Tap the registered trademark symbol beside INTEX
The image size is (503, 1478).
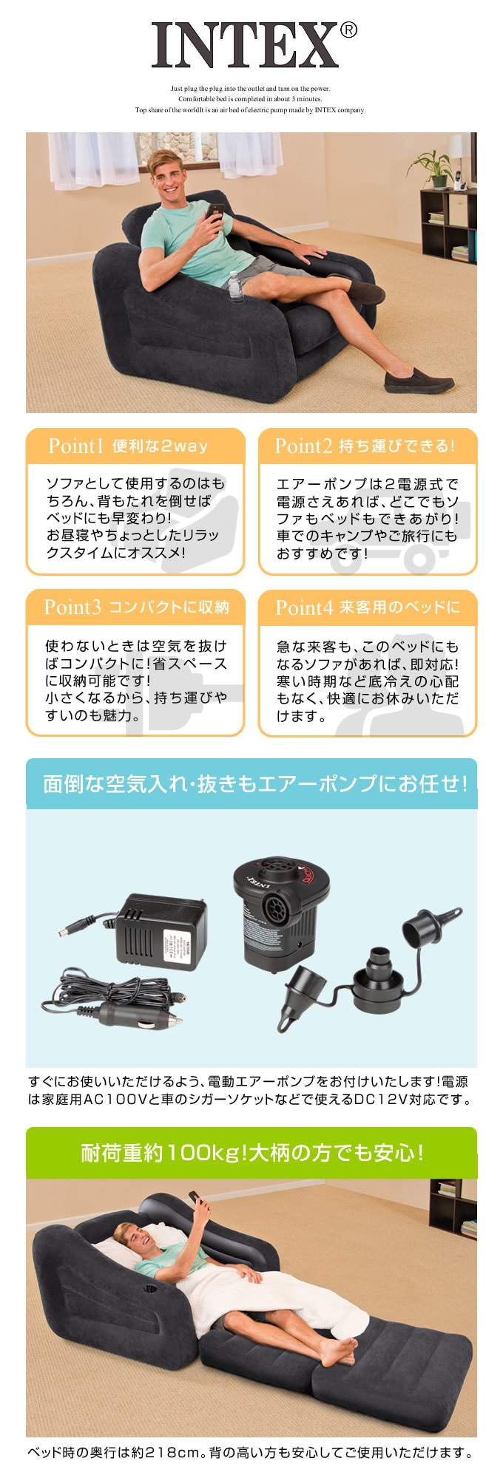348,30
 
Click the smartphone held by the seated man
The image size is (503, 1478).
215,211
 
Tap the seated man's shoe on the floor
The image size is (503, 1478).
418,382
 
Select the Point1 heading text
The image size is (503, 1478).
128,446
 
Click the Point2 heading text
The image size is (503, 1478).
364,446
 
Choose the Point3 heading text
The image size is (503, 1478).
137,607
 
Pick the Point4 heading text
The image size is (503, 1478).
368,607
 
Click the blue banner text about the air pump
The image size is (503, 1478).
255,783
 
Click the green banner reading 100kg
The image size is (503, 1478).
251,1152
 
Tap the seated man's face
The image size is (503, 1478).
164,171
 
